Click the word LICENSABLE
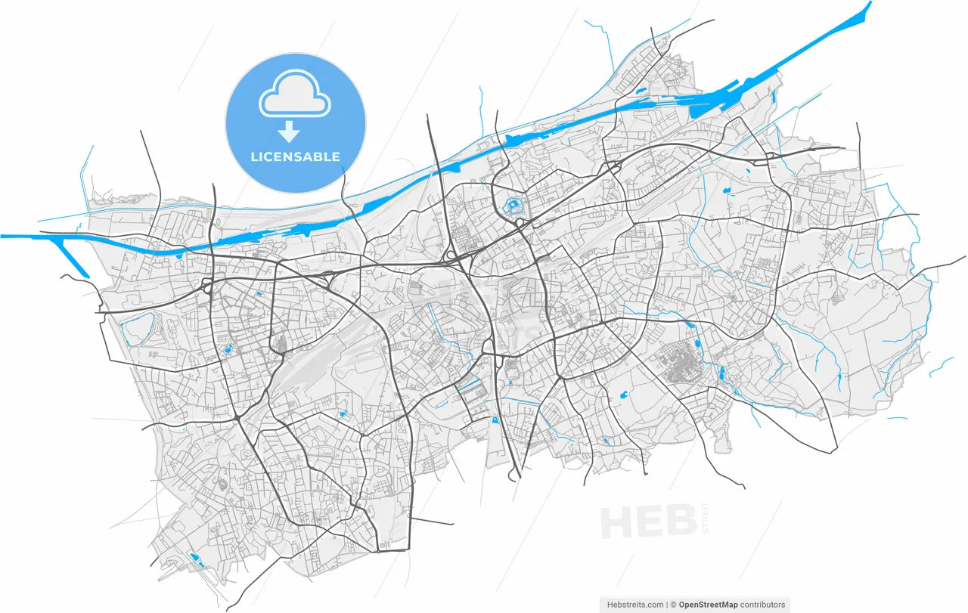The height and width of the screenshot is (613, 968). (296, 157)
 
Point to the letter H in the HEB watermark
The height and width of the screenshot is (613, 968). (619, 522)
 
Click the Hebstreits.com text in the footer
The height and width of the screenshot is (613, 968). (636, 605)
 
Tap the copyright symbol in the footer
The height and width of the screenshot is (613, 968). (673, 605)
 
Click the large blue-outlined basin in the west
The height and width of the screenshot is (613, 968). (137, 330)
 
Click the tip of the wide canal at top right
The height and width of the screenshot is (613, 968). (869, 5)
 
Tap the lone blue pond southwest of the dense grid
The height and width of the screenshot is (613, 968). (624, 394)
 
